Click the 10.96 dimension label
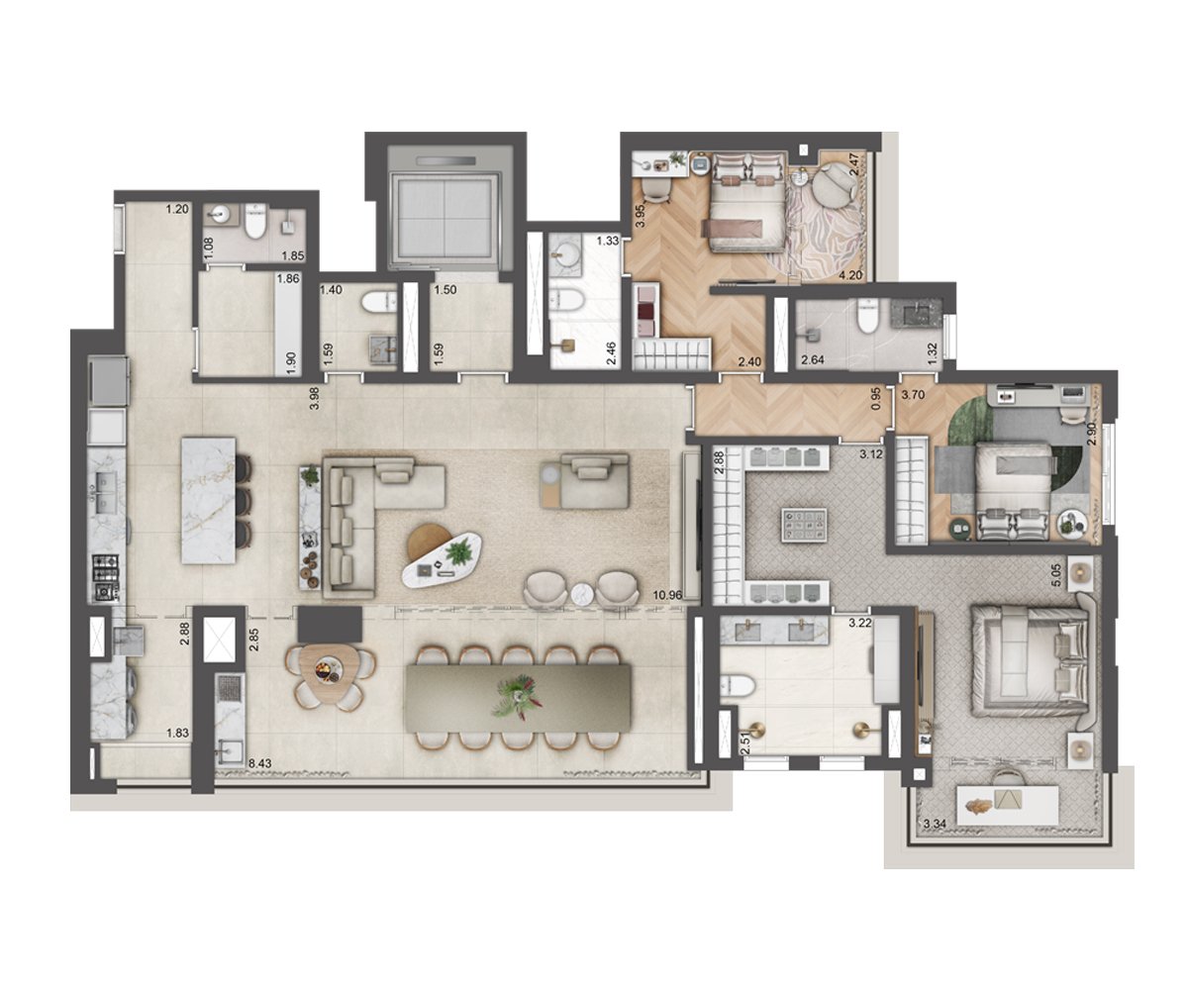click(x=667, y=595)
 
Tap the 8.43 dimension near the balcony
click(x=260, y=763)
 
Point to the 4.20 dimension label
click(x=851, y=275)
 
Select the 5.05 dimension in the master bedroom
click(x=1057, y=576)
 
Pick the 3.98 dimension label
click(x=314, y=398)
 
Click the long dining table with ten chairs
click(x=517, y=698)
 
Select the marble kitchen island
click(x=208, y=500)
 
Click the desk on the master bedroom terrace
click(x=1007, y=804)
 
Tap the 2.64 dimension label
click(x=813, y=359)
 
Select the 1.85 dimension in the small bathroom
click(x=293, y=256)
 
